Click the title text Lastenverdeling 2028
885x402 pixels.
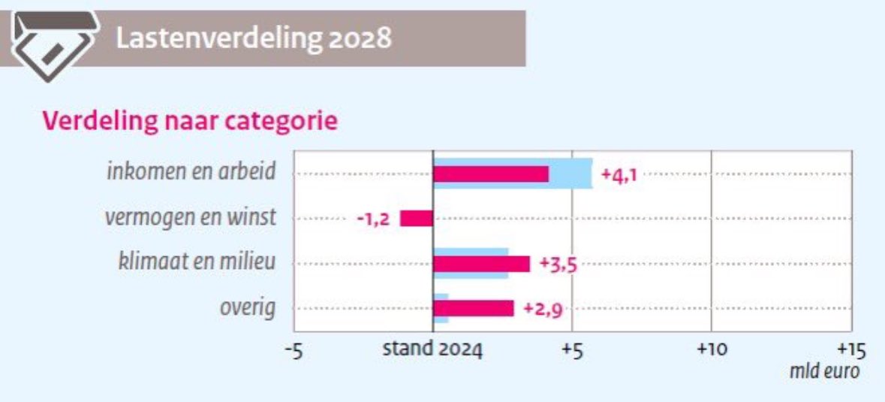click(x=254, y=38)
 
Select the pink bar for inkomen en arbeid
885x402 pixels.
click(x=491, y=174)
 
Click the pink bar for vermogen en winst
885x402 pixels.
click(x=417, y=219)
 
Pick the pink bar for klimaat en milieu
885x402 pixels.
click(x=481, y=264)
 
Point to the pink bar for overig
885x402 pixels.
click(x=474, y=308)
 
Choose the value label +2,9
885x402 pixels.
click(x=542, y=309)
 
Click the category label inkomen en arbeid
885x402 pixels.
click(x=191, y=172)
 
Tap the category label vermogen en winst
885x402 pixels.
click(x=190, y=217)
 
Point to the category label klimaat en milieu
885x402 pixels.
click(x=197, y=262)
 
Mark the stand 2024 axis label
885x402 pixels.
click(x=432, y=349)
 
